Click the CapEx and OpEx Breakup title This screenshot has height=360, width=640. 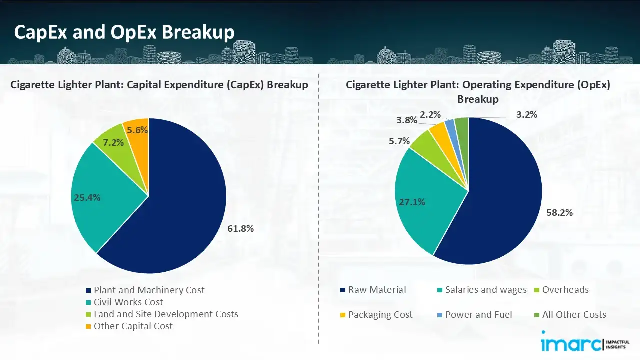(124, 32)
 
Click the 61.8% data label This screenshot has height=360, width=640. (241, 229)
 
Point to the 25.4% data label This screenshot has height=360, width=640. (87, 197)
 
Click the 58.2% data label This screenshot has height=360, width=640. (559, 212)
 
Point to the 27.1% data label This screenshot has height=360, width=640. (412, 202)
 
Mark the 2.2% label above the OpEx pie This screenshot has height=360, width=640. (430, 115)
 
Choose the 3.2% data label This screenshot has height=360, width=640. (527, 115)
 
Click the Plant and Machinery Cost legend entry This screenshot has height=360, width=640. (149, 290)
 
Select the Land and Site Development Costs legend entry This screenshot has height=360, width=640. (166, 314)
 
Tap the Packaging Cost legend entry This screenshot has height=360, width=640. (380, 315)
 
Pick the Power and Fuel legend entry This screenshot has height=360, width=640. (478, 315)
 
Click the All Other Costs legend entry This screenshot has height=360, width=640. (574, 315)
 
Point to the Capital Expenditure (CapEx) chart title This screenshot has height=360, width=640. (159, 85)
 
